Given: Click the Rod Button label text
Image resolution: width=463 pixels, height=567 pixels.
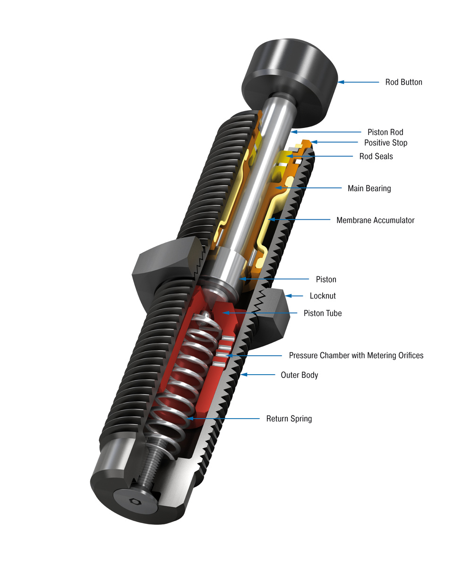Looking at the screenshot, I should [x=403, y=82].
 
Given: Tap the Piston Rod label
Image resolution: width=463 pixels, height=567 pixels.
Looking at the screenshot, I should [x=385, y=132].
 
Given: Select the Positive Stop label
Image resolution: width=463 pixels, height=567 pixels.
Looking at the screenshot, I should [x=385, y=143].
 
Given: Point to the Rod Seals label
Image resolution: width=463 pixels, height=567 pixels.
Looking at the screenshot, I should [x=376, y=156].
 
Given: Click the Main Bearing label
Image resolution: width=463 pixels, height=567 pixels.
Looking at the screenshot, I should [x=369, y=189].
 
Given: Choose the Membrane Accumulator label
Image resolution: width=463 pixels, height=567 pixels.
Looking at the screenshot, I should [x=375, y=220].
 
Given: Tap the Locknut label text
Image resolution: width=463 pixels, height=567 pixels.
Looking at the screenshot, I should [x=323, y=296].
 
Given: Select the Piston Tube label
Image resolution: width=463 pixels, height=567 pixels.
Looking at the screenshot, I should [x=322, y=313].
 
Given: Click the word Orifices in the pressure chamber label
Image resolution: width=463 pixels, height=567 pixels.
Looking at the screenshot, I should [x=406, y=355].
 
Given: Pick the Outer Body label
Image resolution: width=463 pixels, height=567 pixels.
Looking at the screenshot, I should [x=299, y=375].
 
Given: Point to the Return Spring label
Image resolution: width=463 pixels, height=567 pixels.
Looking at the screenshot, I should [x=289, y=419].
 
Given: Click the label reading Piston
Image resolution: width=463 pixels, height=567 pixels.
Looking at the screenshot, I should [x=326, y=280].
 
